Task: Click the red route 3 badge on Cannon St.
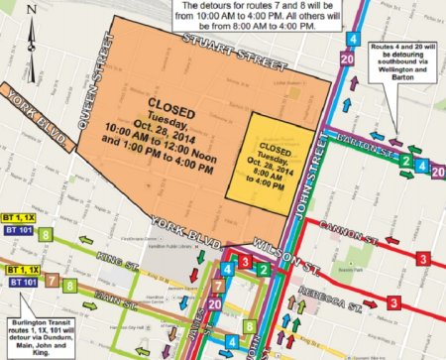pos(423,259)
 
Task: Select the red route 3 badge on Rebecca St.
pos(393,301)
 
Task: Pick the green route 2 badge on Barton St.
pos(405,161)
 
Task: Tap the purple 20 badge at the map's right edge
pos(437,171)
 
